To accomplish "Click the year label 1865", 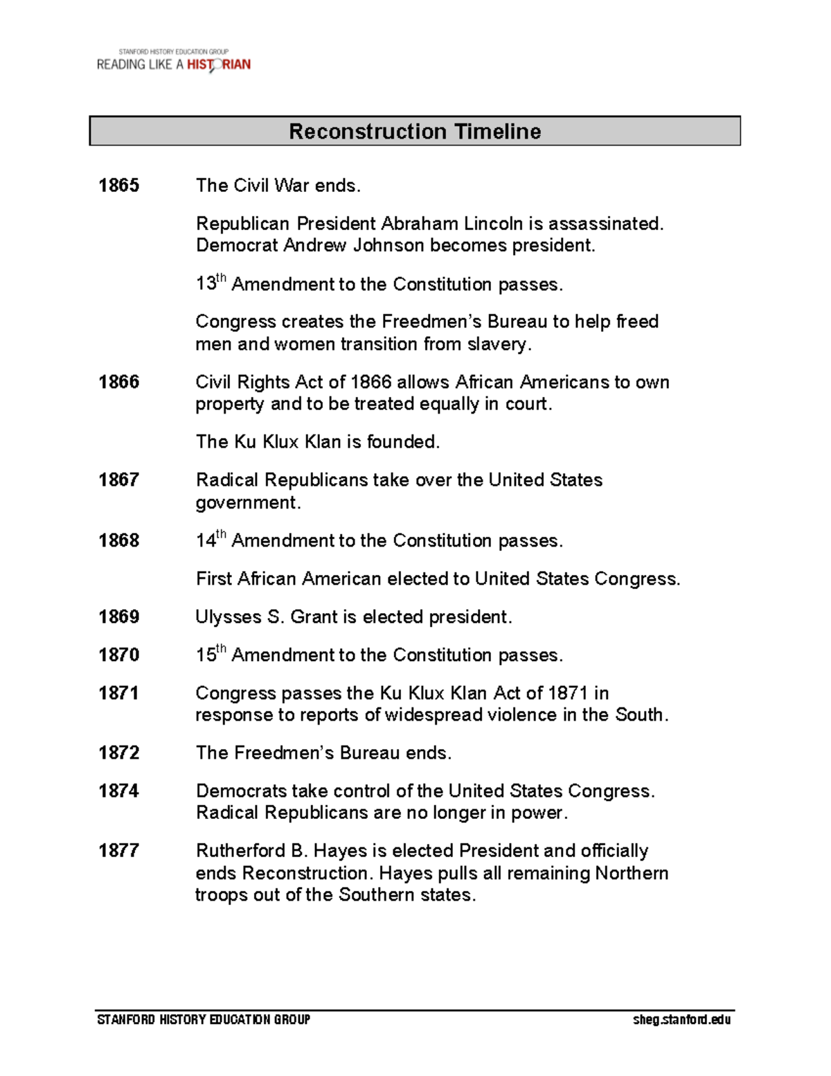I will pos(118,186).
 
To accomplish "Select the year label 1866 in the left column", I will pos(118,382).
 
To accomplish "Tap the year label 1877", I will pos(118,850).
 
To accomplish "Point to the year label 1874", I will pos(118,791).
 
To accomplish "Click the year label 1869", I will pos(118,617).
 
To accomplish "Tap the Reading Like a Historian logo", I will pos(173,62).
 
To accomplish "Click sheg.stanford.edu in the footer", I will pos(681,1019).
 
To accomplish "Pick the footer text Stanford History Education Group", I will pos(204,1019).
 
